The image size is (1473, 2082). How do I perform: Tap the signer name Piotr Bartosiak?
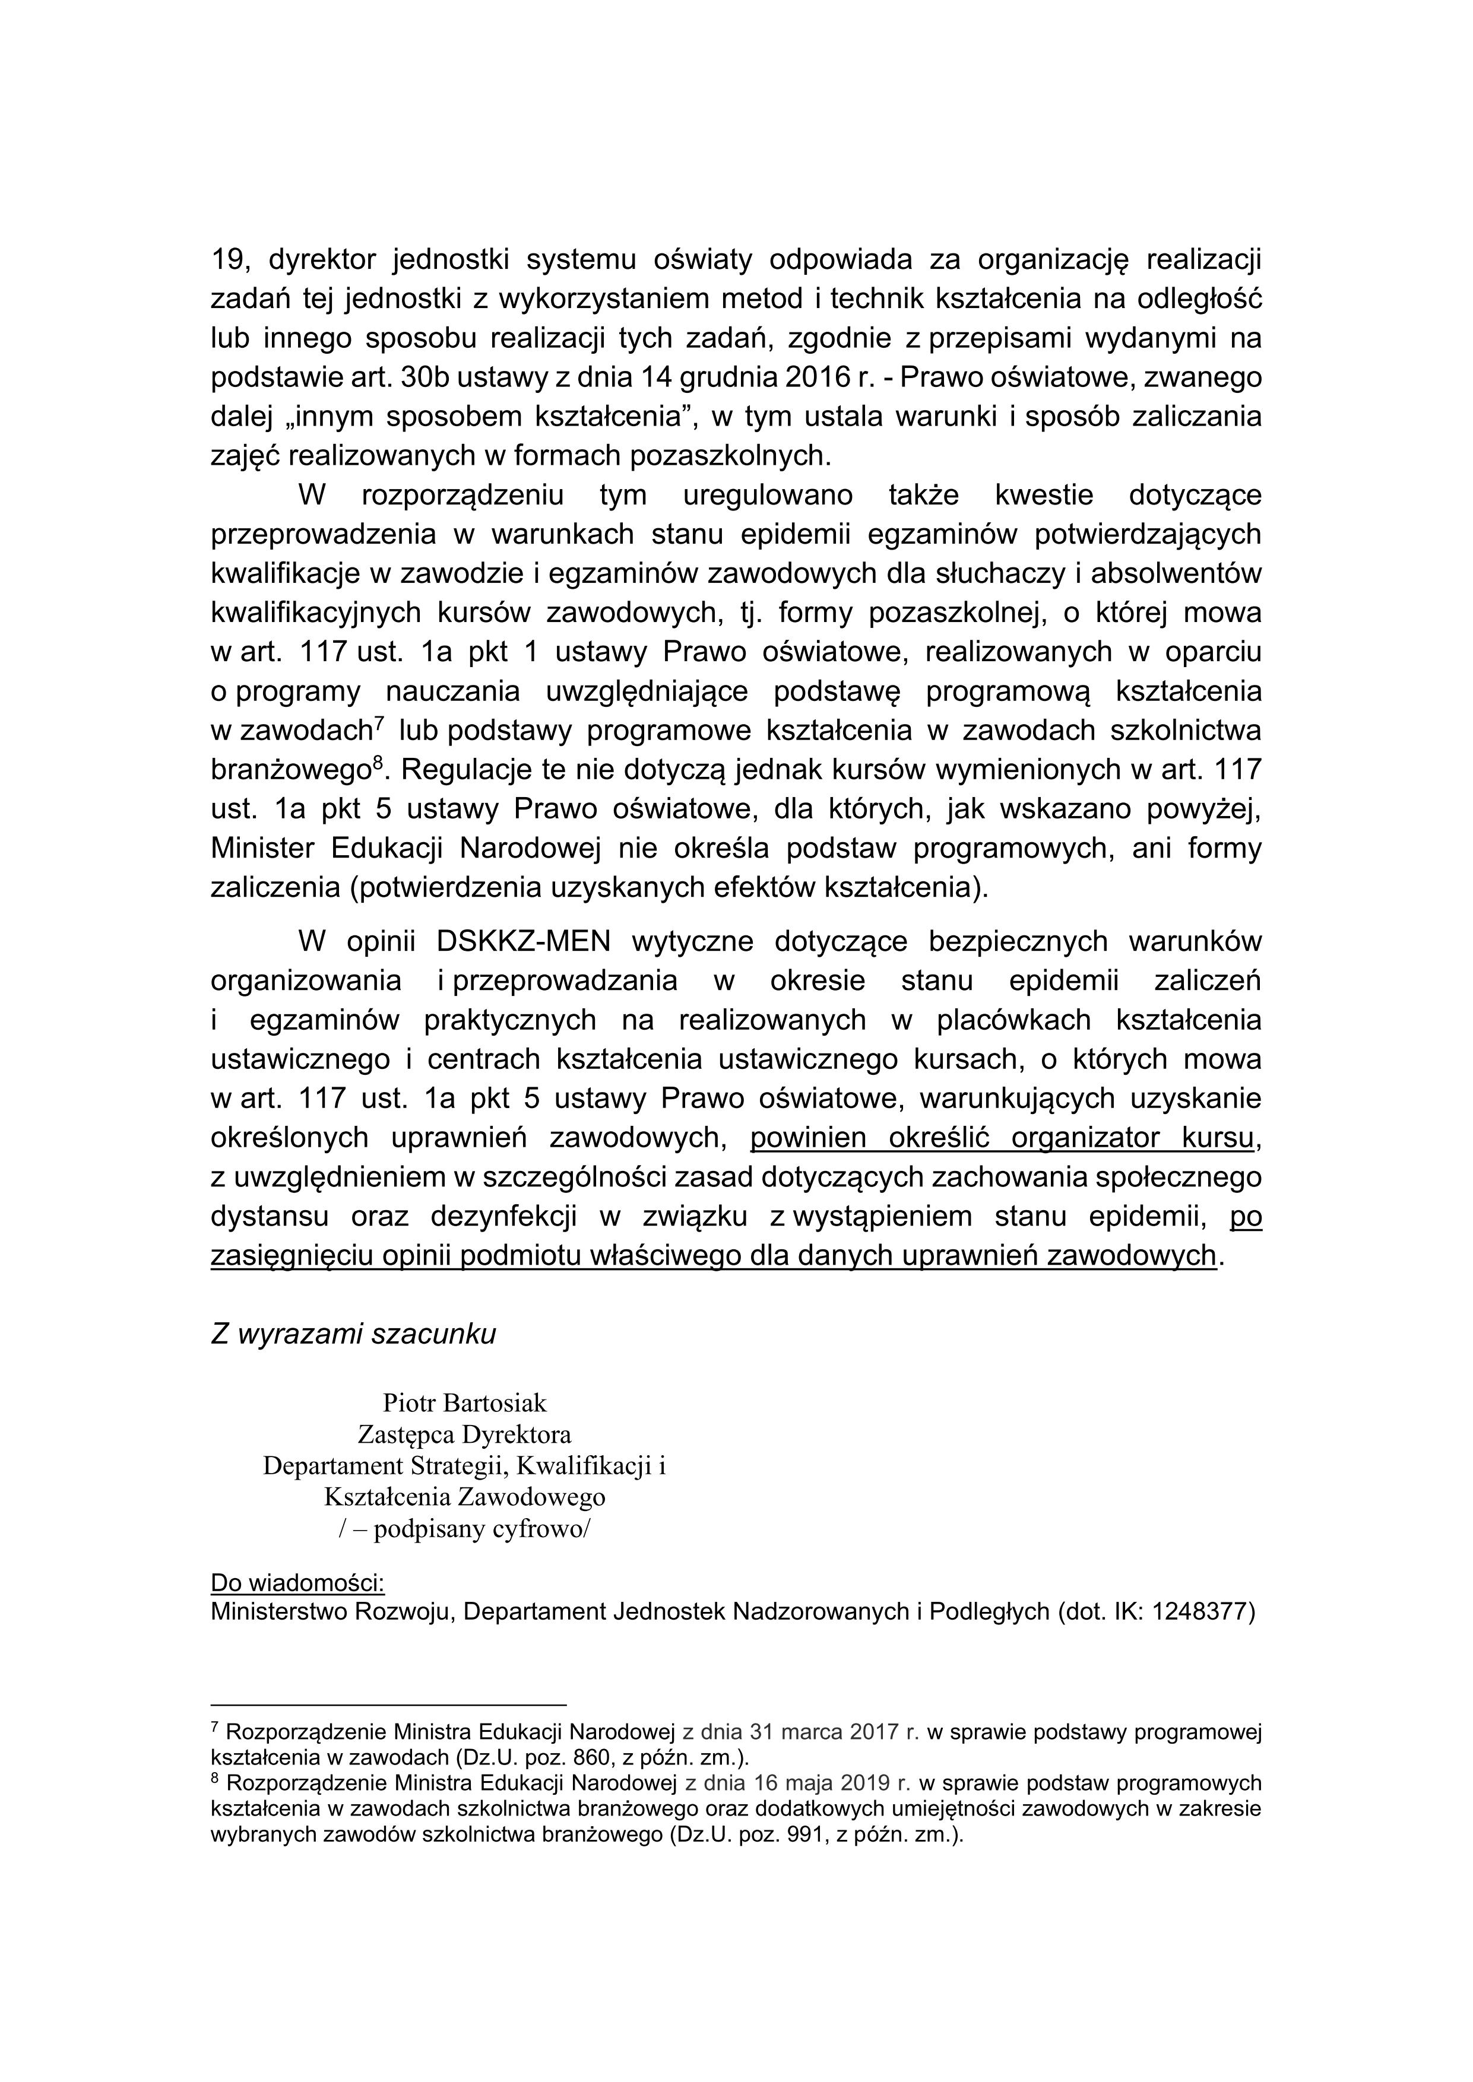coord(464,1403)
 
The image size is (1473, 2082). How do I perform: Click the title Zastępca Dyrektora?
coord(464,1434)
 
